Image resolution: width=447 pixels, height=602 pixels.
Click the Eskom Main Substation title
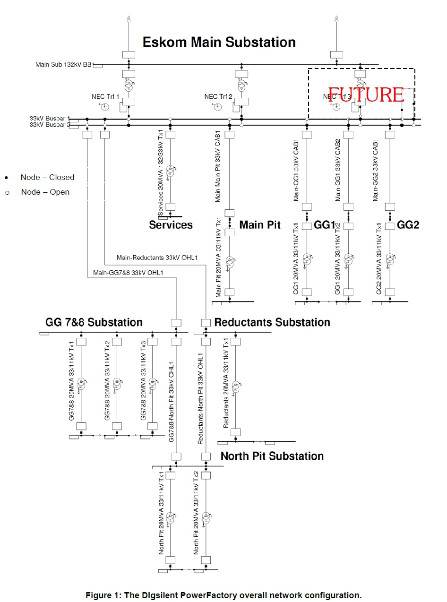[x=219, y=43]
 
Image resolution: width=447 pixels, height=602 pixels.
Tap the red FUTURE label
[x=366, y=95]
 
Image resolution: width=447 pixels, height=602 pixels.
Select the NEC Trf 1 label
[x=105, y=96]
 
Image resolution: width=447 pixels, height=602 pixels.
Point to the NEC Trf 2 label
[x=218, y=96]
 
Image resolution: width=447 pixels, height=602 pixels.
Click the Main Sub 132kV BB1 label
[x=64, y=64]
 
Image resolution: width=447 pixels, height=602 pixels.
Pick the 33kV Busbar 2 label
[x=50, y=125]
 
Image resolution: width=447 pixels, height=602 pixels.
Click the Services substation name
[x=171, y=225]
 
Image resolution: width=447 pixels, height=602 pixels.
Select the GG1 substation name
[x=324, y=225]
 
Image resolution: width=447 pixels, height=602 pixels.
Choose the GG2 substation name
[x=408, y=225]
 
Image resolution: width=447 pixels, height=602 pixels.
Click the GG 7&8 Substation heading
[x=94, y=323]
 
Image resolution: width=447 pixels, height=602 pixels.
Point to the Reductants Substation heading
[x=272, y=323]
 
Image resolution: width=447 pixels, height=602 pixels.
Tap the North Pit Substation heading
[x=272, y=456]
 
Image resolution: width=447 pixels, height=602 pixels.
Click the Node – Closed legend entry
[x=47, y=178]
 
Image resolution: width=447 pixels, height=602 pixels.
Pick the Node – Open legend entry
[x=45, y=192]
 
